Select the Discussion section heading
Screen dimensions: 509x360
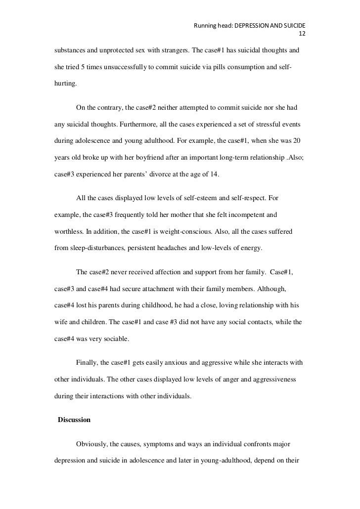point(74,420)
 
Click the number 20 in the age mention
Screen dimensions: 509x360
point(297,140)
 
